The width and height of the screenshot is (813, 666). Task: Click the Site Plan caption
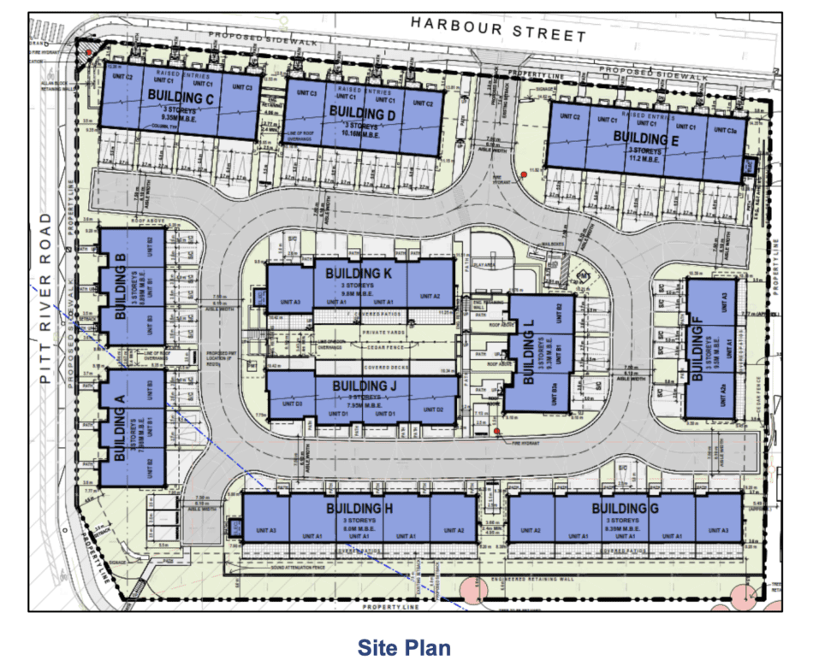pyautogui.click(x=404, y=647)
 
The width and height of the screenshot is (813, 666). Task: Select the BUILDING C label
pyautogui.click(x=180, y=97)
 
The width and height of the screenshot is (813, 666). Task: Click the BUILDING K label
pyautogui.click(x=359, y=273)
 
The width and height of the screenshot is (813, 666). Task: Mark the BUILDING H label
pyautogui.click(x=359, y=510)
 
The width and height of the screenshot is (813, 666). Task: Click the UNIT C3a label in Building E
pyautogui.click(x=727, y=127)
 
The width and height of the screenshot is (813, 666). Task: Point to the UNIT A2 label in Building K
pyautogui.click(x=431, y=296)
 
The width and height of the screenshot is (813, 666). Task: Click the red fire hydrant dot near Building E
pyautogui.click(x=523, y=176)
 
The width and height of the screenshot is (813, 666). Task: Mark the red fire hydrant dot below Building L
pyautogui.click(x=496, y=431)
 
